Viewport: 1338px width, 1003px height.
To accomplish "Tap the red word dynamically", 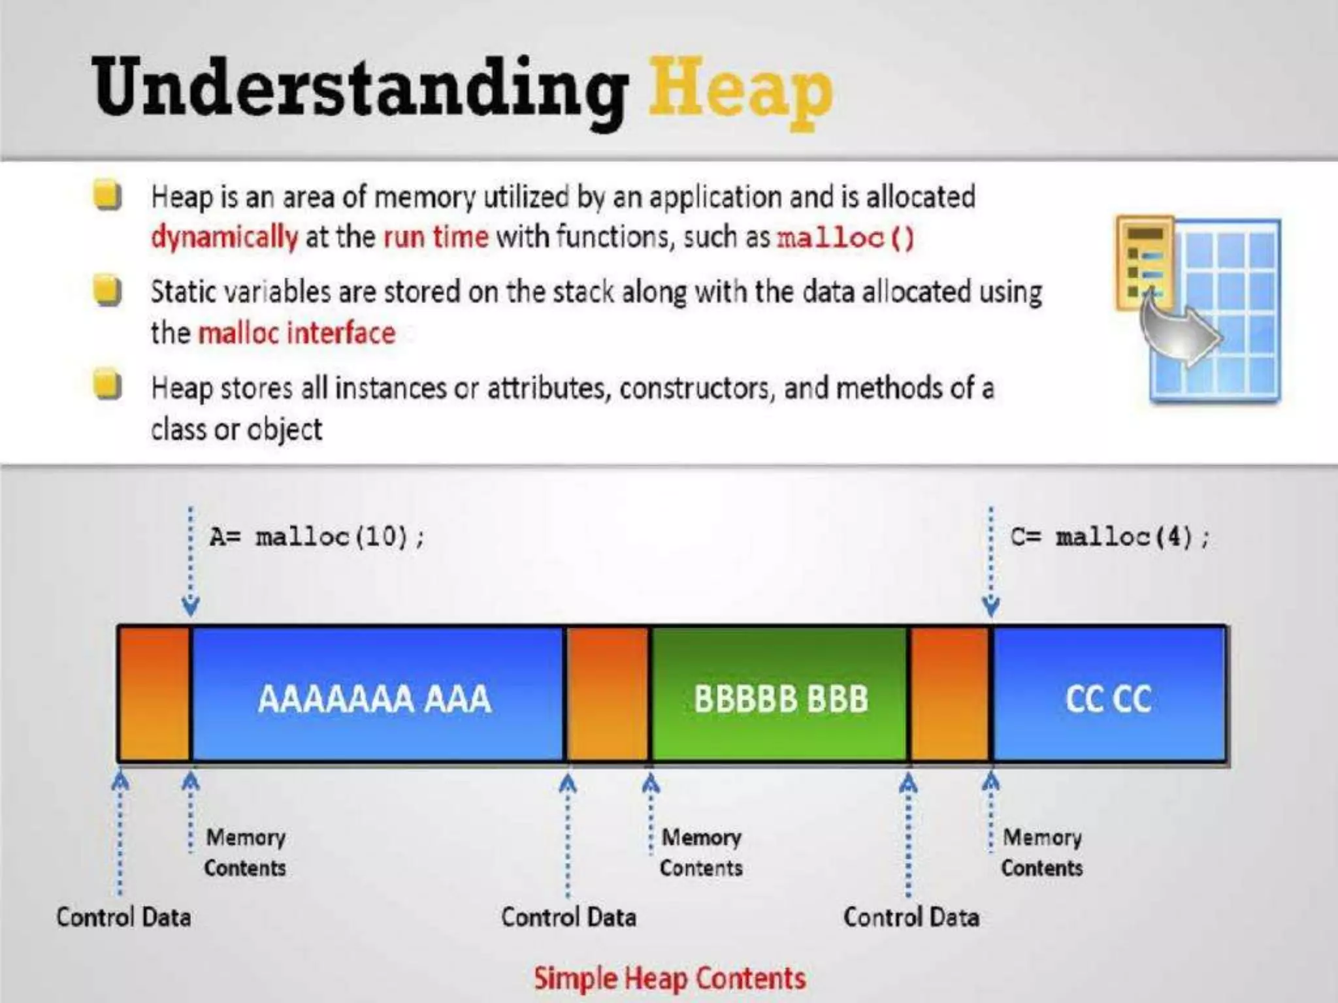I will pos(224,236).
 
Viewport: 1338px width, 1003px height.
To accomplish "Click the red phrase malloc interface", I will pos(297,333).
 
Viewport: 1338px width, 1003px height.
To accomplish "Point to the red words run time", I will pos(436,236).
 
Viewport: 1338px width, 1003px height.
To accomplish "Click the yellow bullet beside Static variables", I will pos(107,291).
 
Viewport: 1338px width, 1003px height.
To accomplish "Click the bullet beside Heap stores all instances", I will pos(107,385).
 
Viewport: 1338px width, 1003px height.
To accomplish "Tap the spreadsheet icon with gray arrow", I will pos(1198,308).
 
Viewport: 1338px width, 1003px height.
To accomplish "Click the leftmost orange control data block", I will pos(154,694).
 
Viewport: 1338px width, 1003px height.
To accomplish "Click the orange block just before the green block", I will pos(608,694).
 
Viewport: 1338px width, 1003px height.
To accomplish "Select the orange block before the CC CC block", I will pos(950,694).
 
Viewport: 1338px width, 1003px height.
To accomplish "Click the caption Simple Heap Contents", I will pos(670,978).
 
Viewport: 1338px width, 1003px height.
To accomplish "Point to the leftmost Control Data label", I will pos(123,917).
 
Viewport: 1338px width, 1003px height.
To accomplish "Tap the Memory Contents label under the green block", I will pos(701,852).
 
